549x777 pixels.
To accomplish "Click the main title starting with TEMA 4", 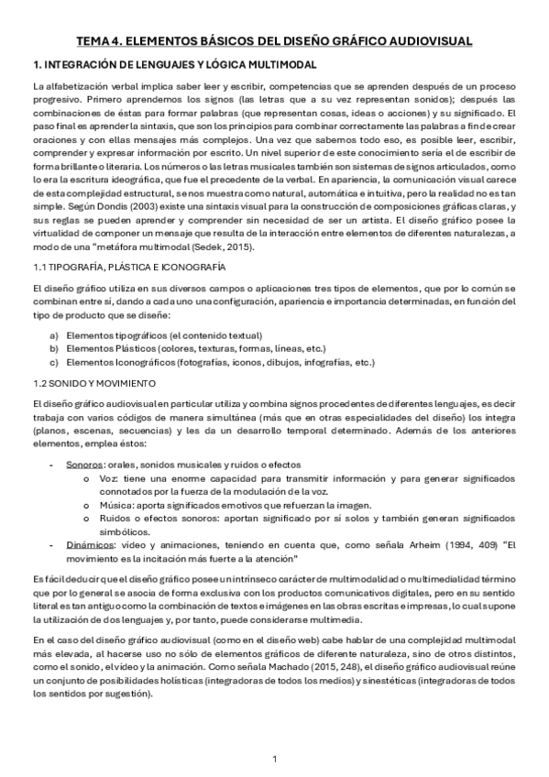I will (274, 41).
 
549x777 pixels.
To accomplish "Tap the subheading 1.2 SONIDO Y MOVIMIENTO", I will (93, 380).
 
